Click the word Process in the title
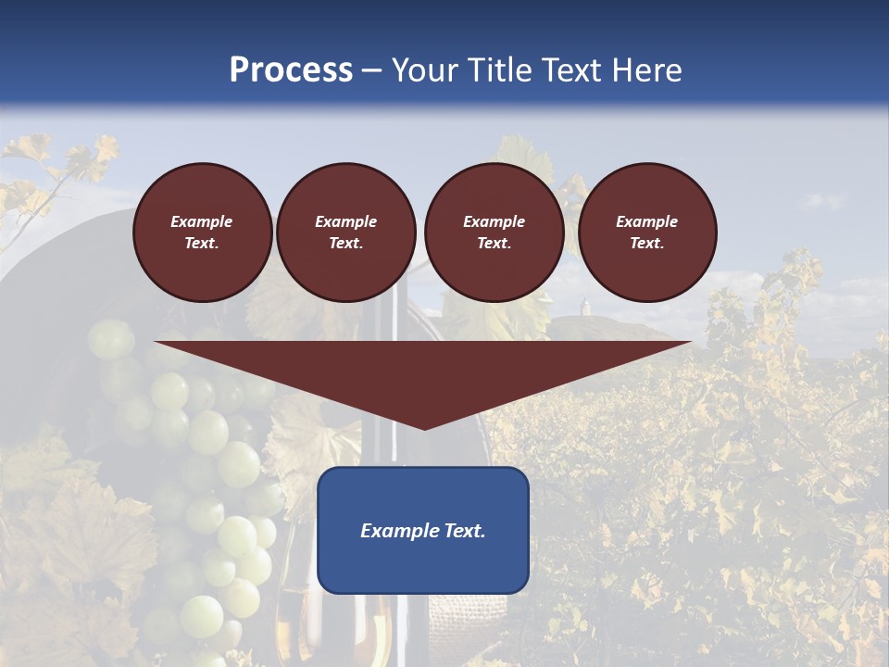coord(291,70)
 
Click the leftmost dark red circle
coord(203,233)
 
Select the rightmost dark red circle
coord(647,233)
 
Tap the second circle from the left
coord(346,233)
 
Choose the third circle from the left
coord(495,233)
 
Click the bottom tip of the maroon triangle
coord(424,428)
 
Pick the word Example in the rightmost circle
coord(647,221)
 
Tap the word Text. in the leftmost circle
coord(203,244)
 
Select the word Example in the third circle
coord(495,221)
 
